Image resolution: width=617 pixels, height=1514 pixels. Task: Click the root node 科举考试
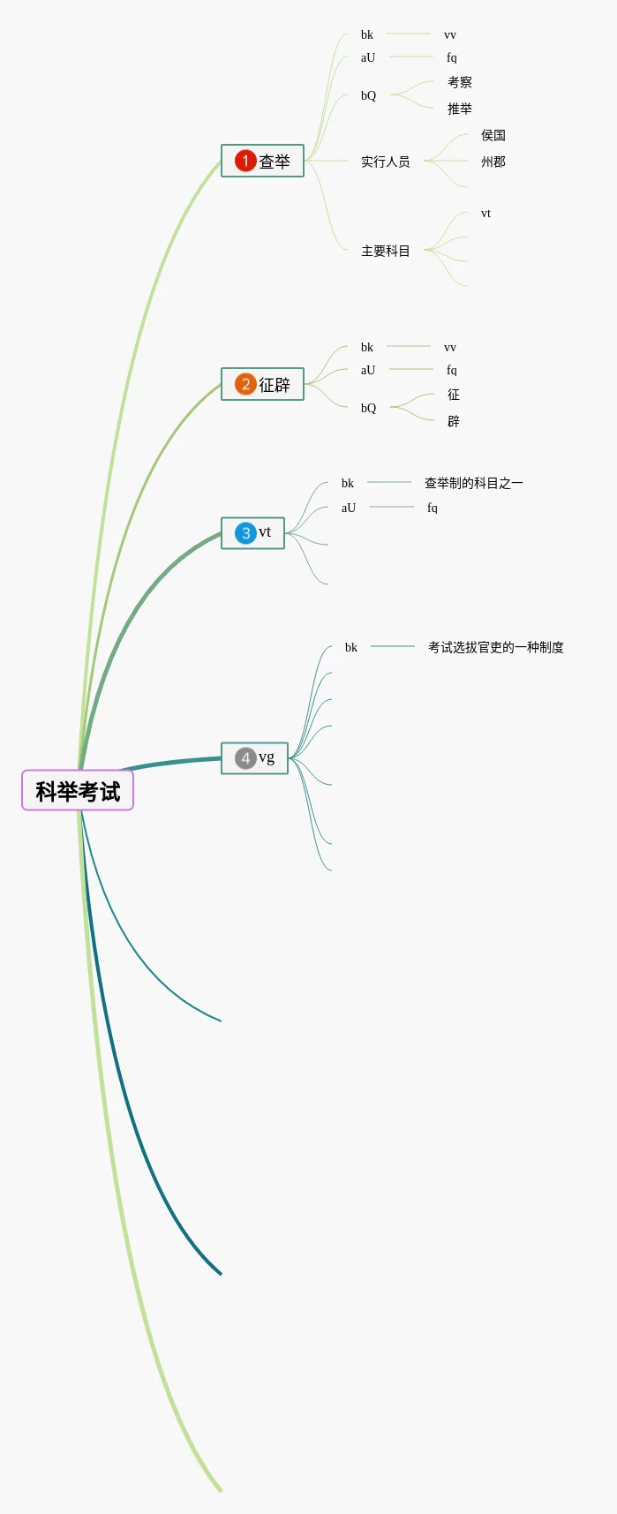coord(78,790)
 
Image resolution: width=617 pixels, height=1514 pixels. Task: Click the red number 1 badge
coord(245,161)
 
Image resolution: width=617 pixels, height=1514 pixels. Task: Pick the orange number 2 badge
coord(245,384)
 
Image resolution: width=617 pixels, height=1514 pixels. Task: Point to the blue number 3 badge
coord(245,533)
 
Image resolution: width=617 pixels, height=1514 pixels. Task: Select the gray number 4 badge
coord(245,758)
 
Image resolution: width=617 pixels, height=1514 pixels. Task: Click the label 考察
coord(460,82)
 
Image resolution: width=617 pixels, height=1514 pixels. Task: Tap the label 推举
coord(460,109)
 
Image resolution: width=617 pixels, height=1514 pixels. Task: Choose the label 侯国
coord(493,135)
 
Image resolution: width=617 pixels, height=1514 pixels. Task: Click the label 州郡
coord(493,162)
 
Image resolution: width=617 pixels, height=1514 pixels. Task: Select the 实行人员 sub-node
coord(386,162)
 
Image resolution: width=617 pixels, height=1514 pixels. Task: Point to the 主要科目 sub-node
coord(386,251)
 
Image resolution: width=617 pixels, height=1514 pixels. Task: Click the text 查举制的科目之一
coord(474,483)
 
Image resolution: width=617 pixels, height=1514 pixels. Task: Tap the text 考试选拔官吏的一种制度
coord(496,647)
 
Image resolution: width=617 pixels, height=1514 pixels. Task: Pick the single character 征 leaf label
coord(454,395)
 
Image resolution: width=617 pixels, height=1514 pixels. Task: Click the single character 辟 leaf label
coord(454,421)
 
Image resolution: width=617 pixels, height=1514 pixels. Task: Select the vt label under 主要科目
coord(485,214)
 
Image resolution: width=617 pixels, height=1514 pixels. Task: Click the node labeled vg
coord(267,757)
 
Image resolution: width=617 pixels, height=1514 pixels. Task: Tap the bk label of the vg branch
coord(351,647)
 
